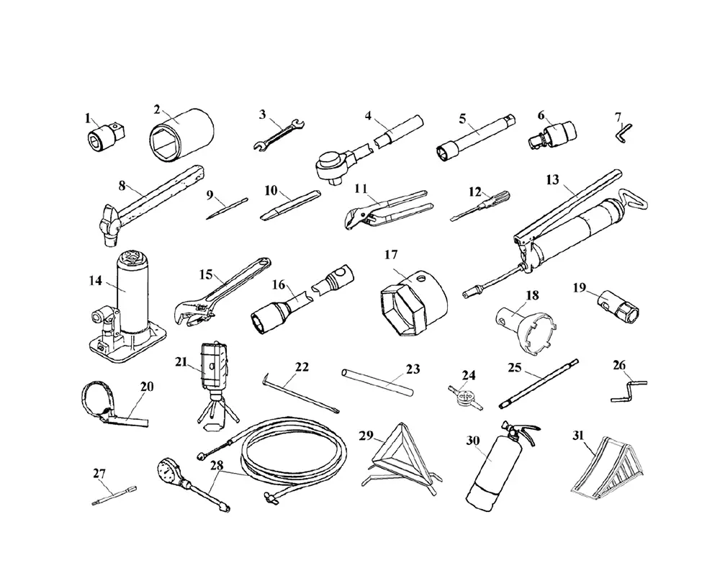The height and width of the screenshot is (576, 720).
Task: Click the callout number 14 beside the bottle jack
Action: [96, 280]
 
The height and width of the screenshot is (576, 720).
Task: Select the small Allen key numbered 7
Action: [624, 132]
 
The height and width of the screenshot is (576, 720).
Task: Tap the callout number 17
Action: [391, 254]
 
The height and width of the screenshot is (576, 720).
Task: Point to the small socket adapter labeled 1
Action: [107, 135]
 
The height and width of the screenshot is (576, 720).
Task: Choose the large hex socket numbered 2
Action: [181, 133]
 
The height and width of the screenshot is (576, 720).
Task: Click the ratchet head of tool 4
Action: [334, 166]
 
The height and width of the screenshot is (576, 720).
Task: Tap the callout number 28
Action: [217, 465]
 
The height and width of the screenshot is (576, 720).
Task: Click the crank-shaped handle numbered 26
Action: [629, 388]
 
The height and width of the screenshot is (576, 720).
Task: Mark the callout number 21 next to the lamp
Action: [181, 362]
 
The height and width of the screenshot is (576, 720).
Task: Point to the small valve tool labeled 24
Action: [465, 397]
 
